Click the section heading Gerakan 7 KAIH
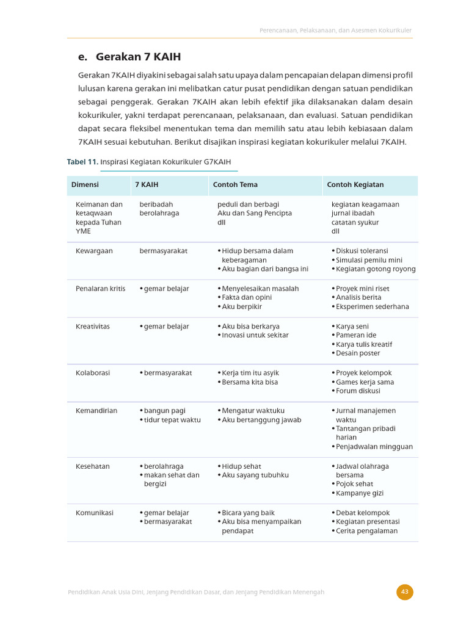(129, 57)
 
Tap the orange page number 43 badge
(404, 591)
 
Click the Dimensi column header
(85, 184)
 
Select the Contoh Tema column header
(235, 184)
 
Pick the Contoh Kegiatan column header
(355, 184)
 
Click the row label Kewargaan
(94, 251)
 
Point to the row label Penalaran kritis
(100, 288)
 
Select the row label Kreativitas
(93, 327)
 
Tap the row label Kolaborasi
(93, 373)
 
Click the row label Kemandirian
(96, 411)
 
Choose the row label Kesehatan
(93, 466)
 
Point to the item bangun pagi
(165, 411)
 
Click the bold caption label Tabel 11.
(82, 162)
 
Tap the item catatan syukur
(355, 222)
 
